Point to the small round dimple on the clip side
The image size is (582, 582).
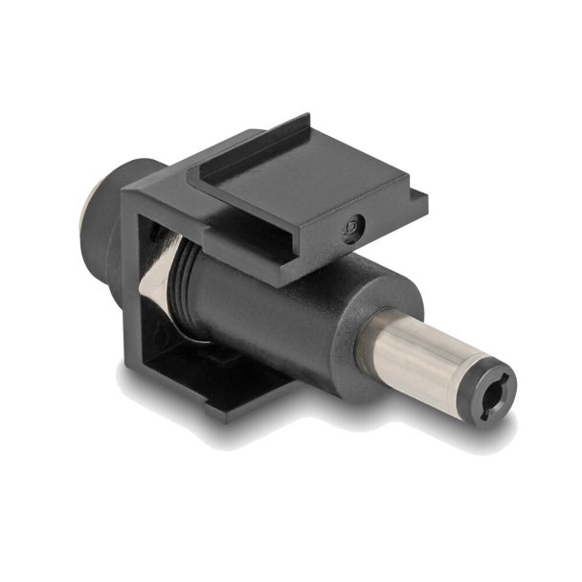pos(355,227)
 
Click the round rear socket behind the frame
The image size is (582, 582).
pos(105,220)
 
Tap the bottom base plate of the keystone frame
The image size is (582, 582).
pos(220,383)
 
